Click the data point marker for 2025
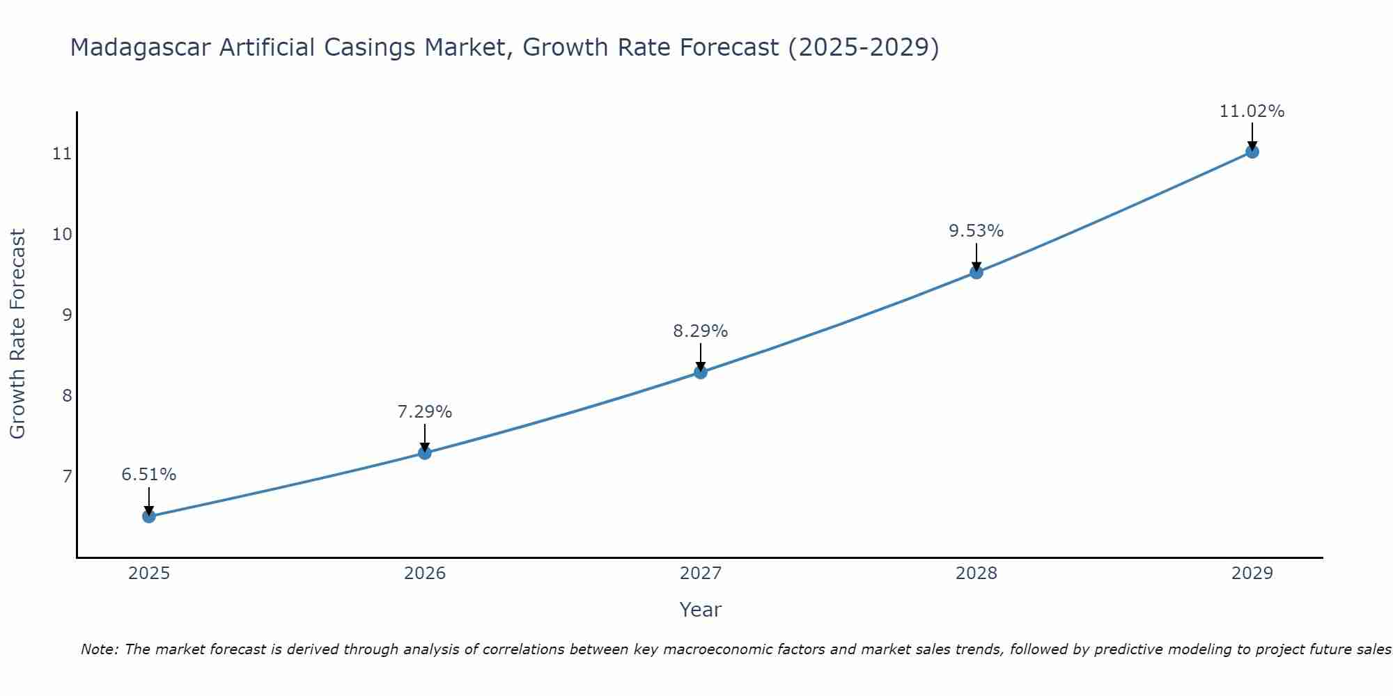pyautogui.click(x=149, y=516)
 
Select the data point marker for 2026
pyautogui.click(x=425, y=453)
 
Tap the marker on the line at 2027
pyautogui.click(x=701, y=372)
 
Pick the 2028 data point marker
pyautogui.click(x=976, y=272)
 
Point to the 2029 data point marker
pyautogui.click(x=1252, y=152)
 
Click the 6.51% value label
pyautogui.click(x=149, y=475)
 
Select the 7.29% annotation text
pyautogui.click(x=425, y=412)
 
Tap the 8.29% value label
pyautogui.click(x=701, y=331)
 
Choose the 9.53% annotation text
pyautogui.click(x=976, y=231)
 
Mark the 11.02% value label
pyautogui.click(x=1252, y=111)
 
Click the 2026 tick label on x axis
pyautogui.click(x=425, y=574)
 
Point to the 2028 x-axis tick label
pyautogui.click(x=976, y=574)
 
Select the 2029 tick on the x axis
pyautogui.click(x=1252, y=574)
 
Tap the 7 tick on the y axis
pyautogui.click(x=67, y=476)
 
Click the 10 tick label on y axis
pyautogui.click(x=63, y=234)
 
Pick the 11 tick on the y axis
pyautogui.click(x=63, y=154)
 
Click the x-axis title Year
pyautogui.click(x=701, y=610)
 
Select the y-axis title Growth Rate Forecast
pyautogui.click(x=18, y=334)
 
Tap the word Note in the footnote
pyautogui.click(x=99, y=649)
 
